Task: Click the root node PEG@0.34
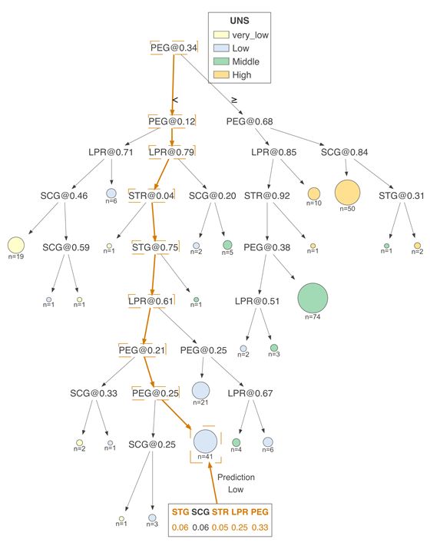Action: (x=174, y=48)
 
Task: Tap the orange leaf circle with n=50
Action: (x=346, y=191)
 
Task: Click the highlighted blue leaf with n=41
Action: (x=205, y=442)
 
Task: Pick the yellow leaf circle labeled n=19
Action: (x=15, y=245)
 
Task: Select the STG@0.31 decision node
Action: (x=401, y=195)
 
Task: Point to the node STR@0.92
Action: (x=266, y=195)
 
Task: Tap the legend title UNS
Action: (x=240, y=20)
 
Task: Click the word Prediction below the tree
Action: (x=236, y=477)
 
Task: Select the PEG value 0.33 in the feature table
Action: (x=260, y=526)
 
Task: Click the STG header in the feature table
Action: (x=180, y=511)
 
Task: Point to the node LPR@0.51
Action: (x=257, y=301)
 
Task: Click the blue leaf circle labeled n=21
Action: (x=200, y=390)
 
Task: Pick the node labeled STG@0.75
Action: (x=155, y=247)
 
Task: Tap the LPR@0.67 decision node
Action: (x=250, y=394)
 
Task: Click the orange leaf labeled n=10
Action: (x=313, y=193)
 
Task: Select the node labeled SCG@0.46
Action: (x=64, y=195)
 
